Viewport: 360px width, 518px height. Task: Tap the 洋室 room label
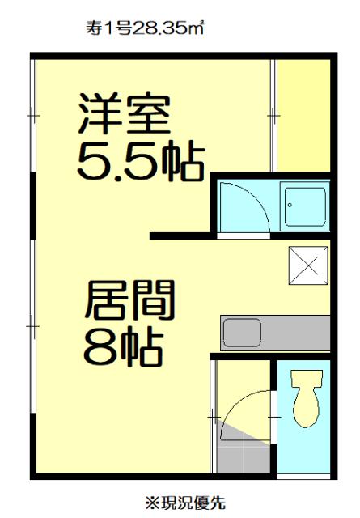(125, 114)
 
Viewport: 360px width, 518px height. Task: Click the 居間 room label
(129, 300)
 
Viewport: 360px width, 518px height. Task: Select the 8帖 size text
(125, 346)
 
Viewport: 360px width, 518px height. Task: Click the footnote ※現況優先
(185, 503)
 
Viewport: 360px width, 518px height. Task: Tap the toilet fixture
(306, 398)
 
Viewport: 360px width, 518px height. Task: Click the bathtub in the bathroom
(304, 206)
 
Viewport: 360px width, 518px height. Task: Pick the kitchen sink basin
(242, 333)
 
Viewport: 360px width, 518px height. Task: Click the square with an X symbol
(308, 265)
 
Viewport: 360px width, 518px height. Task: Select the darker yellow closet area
(303, 116)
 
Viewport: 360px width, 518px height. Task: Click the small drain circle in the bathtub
(290, 205)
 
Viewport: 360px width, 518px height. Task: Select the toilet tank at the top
(306, 378)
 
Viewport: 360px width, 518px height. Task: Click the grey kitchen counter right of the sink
(295, 333)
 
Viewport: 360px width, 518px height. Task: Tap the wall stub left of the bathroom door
(180, 236)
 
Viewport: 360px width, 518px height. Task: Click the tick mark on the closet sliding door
(273, 116)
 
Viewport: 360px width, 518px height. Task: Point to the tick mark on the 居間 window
(32, 326)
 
